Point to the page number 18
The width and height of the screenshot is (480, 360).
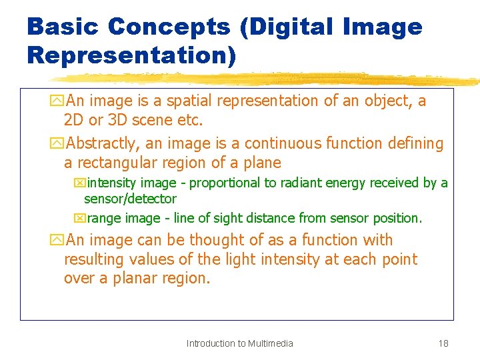tap(443, 343)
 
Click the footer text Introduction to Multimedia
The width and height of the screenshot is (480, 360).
tap(239, 343)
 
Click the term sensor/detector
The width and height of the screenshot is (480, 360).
tap(130, 199)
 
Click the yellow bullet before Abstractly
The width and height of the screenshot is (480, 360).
tap(57, 143)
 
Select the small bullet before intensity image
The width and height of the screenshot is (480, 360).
tap(79, 183)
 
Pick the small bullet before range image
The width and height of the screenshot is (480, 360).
tap(79, 218)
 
